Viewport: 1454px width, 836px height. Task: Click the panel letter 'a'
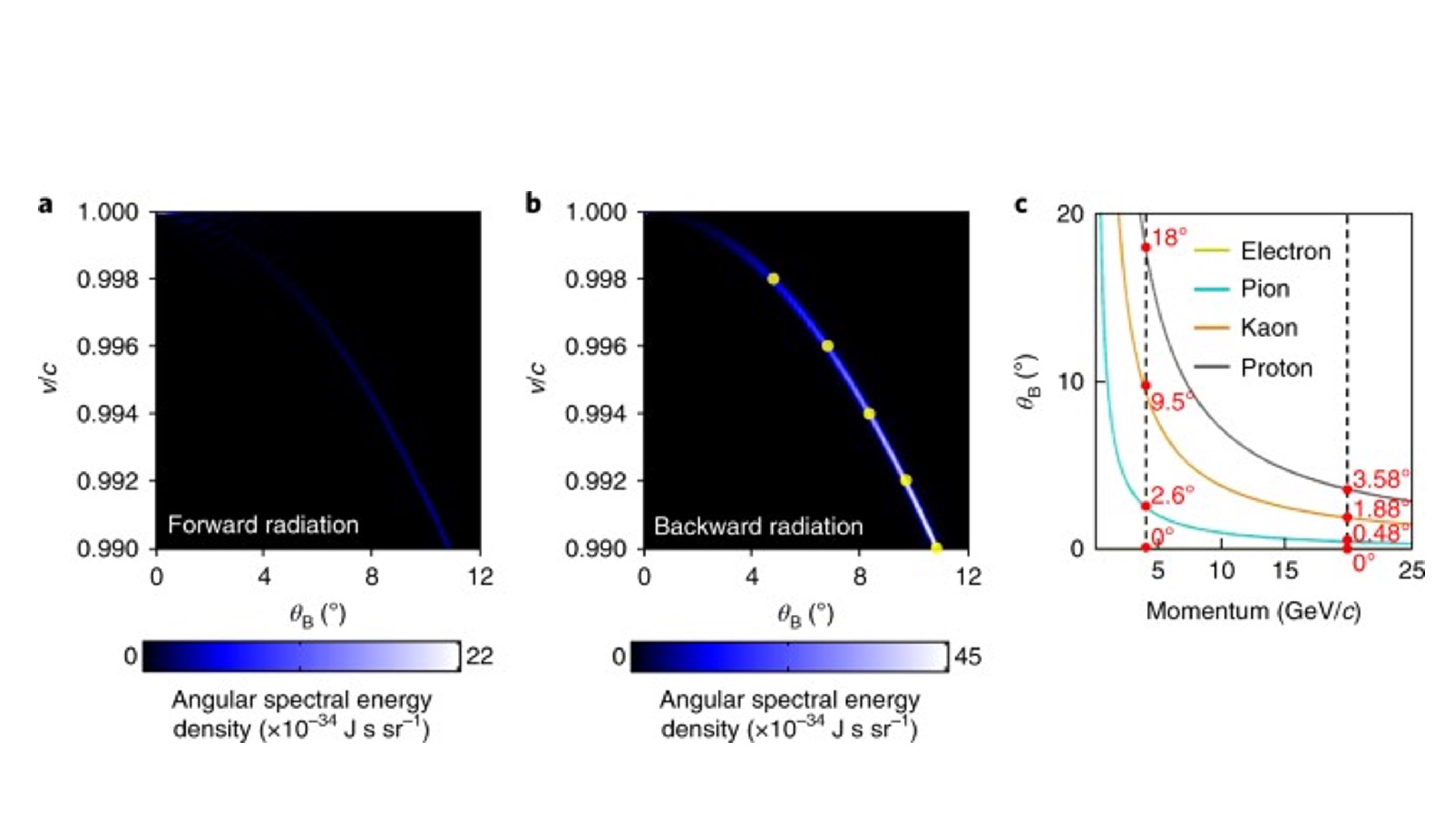[45, 204]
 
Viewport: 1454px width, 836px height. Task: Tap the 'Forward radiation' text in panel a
[263, 525]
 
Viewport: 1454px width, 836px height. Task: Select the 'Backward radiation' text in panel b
[758, 526]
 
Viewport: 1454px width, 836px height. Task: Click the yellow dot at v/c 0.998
[774, 279]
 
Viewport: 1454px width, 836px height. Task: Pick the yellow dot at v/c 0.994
[869, 414]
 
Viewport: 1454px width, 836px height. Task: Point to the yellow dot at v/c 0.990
[936, 548]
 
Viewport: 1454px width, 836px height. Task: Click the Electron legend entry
[1285, 251]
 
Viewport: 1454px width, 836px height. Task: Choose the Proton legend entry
[1276, 368]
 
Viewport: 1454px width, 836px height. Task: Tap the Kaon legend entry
[1268, 328]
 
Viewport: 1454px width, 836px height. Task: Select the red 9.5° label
[1172, 402]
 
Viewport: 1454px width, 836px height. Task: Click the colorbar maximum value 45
[968, 656]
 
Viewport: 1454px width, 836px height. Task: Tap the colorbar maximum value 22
[480, 656]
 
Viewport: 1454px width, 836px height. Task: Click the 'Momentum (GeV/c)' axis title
[1253, 611]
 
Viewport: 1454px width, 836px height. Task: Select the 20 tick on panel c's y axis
[1069, 215]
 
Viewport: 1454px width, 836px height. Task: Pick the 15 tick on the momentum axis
[1285, 571]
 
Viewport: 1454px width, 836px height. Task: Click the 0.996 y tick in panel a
[108, 347]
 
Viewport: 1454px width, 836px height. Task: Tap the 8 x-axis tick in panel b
[859, 576]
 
